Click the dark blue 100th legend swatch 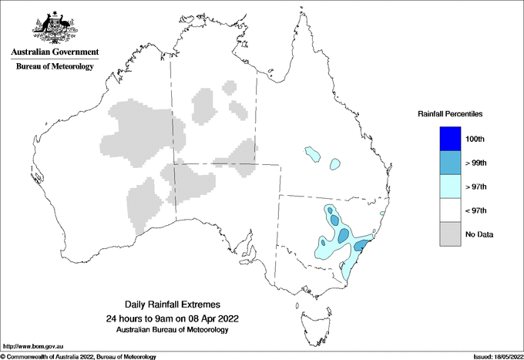[x=450, y=139]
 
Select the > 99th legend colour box [x=450, y=163]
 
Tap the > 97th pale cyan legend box [x=450, y=187]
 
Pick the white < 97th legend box [x=450, y=210]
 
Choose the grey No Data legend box [x=450, y=234]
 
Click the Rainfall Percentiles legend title [x=450, y=114]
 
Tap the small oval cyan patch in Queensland [x=334, y=163]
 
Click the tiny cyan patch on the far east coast [x=384, y=214]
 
